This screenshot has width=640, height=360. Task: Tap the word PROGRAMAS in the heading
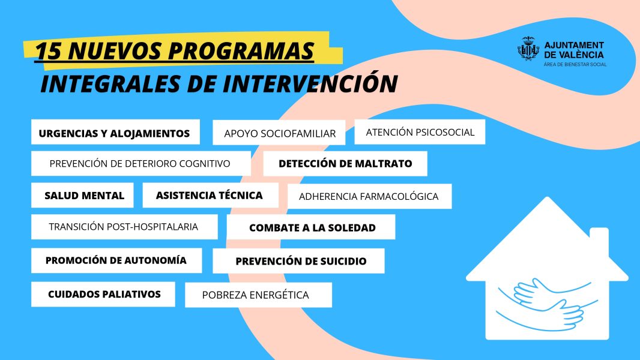(241, 51)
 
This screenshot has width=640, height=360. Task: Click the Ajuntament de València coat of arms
(528, 49)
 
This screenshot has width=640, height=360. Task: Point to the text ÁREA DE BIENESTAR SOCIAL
(575, 64)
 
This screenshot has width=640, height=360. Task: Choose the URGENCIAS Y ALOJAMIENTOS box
(115, 131)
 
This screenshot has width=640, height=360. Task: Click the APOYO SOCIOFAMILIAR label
(280, 134)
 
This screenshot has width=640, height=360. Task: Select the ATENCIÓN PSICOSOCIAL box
(420, 131)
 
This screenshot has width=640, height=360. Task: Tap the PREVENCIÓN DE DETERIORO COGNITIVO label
(140, 164)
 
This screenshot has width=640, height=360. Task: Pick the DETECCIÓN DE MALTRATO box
(345, 163)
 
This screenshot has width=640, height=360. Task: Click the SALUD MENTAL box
(82, 195)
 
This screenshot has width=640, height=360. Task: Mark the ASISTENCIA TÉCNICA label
(209, 195)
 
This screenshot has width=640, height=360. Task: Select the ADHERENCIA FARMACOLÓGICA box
(369, 196)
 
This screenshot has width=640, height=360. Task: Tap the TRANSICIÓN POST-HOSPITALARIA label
(123, 227)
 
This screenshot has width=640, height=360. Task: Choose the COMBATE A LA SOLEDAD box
(311, 227)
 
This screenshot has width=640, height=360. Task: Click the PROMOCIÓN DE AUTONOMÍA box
(116, 260)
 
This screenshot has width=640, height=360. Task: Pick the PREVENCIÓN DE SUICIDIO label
(301, 262)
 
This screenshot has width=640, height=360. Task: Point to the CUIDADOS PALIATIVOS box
(103, 294)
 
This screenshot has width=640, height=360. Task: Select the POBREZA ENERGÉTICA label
(256, 295)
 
